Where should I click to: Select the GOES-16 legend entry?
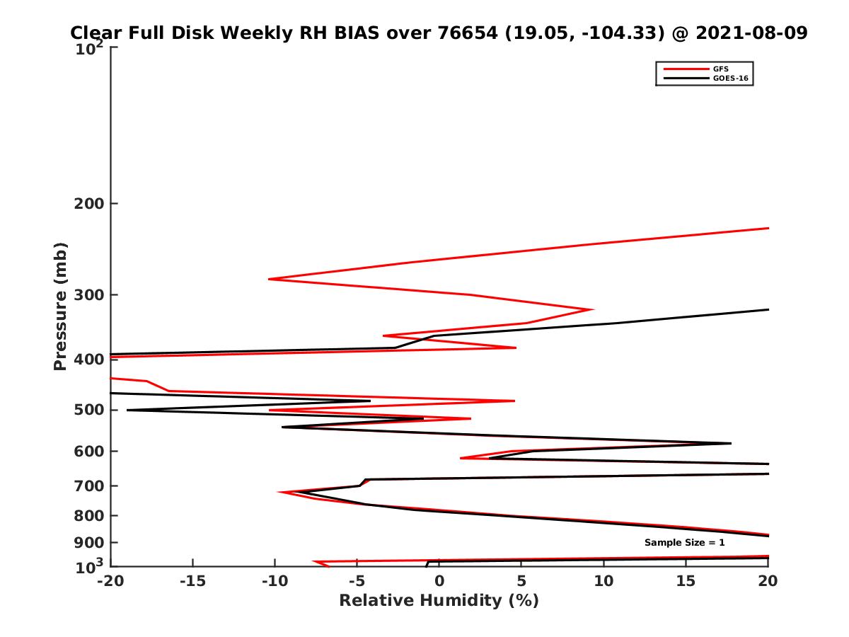click(729, 78)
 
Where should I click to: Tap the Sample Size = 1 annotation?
click(684, 543)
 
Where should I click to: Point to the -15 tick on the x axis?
click(192, 581)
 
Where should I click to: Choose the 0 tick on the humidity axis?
click(439, 581)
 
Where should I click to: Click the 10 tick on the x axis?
click(603, 581)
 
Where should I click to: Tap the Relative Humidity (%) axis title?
click(439, 601)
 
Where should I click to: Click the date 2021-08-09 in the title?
click(752, 33)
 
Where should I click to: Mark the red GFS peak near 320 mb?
click(592, 309)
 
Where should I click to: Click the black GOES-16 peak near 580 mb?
click(730, 443)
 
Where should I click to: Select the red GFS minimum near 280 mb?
click(270, 279)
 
